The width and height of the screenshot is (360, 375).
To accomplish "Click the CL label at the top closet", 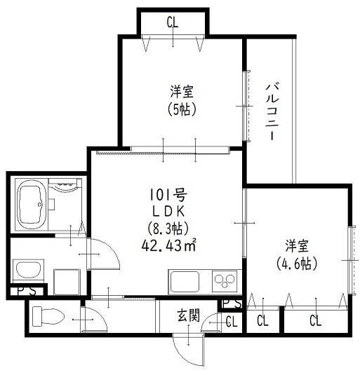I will coord(173,22).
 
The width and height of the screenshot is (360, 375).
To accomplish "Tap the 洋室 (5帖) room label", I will coord(181,100).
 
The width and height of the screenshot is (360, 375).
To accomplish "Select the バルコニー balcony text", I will coord(270,111).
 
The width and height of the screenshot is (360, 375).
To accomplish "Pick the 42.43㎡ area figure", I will coord(171,245).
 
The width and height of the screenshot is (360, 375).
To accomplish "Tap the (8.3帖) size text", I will coord(168,228).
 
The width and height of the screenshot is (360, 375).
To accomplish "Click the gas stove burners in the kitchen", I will coord(227,280).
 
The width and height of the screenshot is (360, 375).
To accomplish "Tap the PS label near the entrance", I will coord(232,304).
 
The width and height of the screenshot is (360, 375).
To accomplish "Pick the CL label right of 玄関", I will coord(231,321).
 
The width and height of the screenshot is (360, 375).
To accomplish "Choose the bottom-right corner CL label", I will coord(316,321).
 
